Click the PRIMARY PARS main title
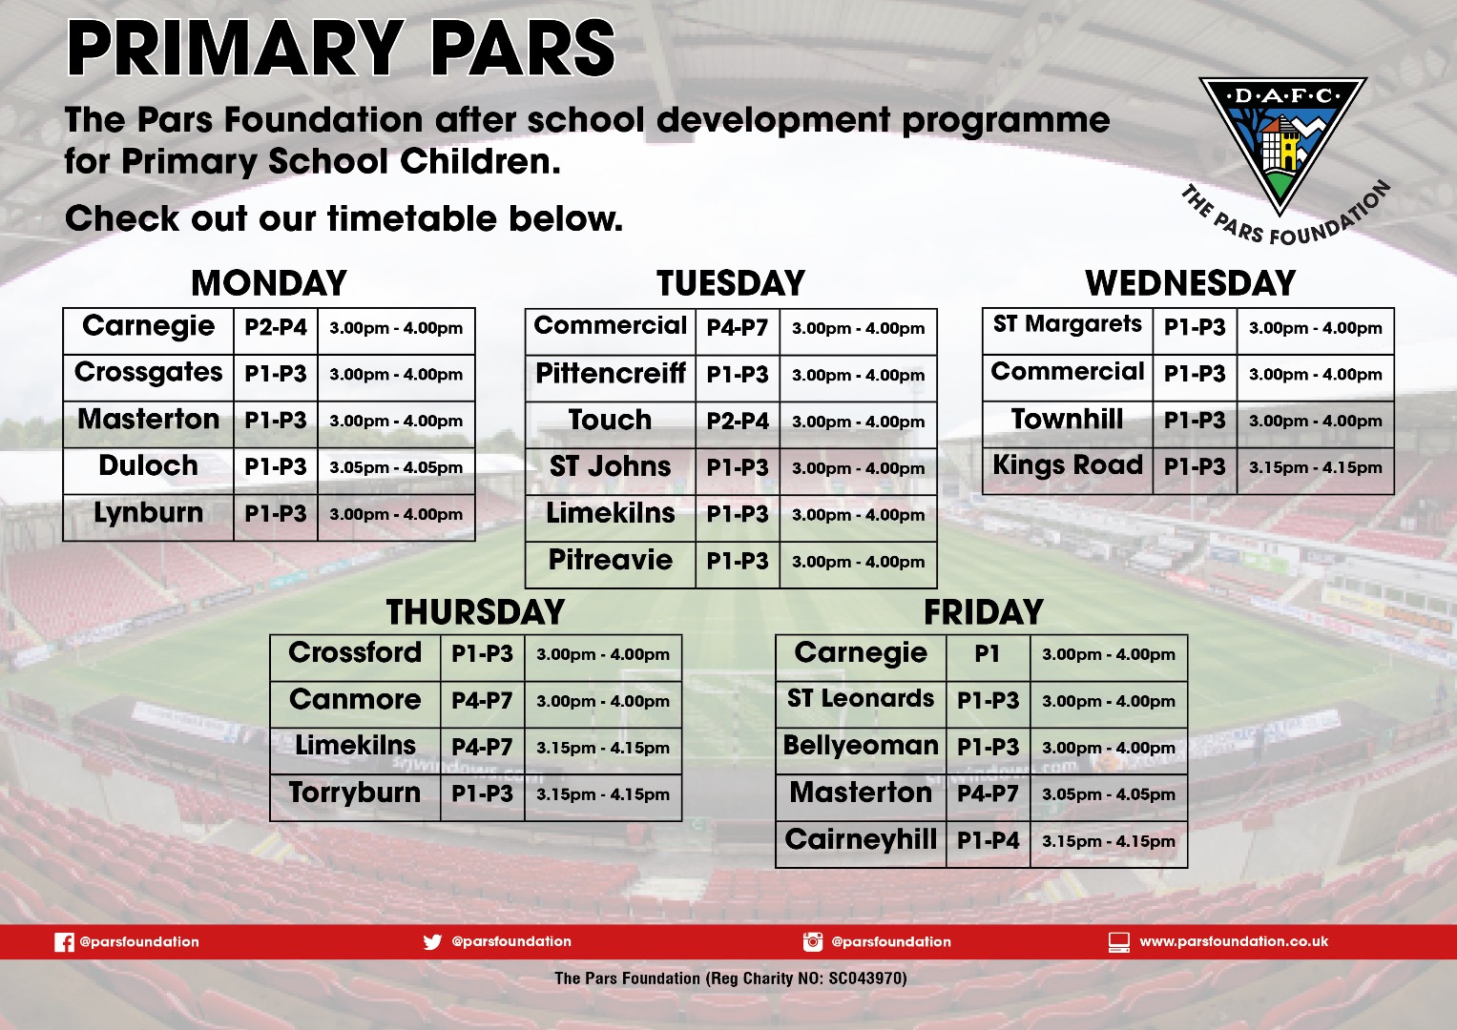pyautogui.click(x=341, y=49)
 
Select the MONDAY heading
pyautogui.click(x=269, y=283)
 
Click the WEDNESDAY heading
pyautogui.click(x=1190, y=283)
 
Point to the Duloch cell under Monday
pyautogui.click(x=148, y=465)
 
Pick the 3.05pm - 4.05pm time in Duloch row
pyautogui.click(x=395, y=467)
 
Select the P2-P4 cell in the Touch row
pyautogui.click(x=738, y=421)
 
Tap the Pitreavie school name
pyautogui.click(x=610, y=560)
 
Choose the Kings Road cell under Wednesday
pyautogui.click(x=1068, y=465)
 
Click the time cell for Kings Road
pyautogui.click(x=1315, y=467)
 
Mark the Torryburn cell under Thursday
pyautogui.click(x=355, y=793)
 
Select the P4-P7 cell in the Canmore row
pyautogui.click(x=482, y=700)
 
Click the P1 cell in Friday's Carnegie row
pyautogui.click(x=987, y=653)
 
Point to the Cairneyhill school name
pyautogui.click(x=861, y=839)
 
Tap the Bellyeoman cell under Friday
pyautogui.click(x=861, y=746)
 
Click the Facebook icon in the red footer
pyautogui.click(x=64, y=942)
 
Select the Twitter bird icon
pyautogui.click(x=432, y=941)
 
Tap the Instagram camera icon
pyautogui.click(x=812, y=941)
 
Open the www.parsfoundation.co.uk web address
pyautogui.click(x=1234, y=941)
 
